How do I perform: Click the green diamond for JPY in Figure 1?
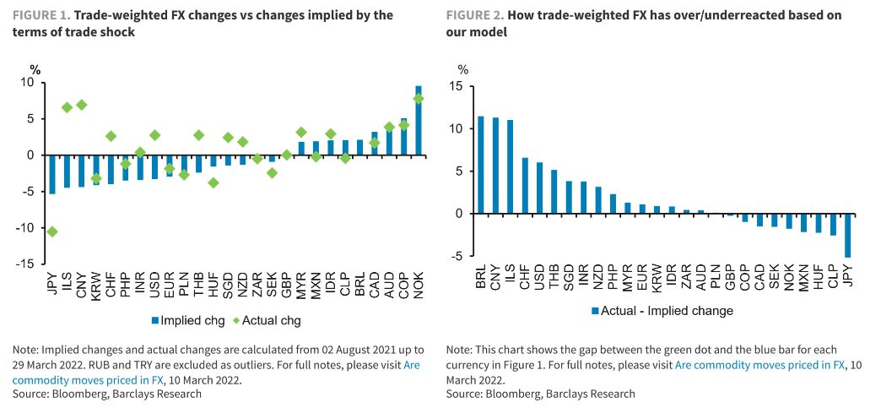coord(52,231)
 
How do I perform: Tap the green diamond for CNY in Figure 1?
coord(82,105)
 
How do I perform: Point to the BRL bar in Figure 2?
coord(481,165)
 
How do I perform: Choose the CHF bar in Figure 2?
coord(524,186)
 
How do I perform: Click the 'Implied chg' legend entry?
coord(188,320)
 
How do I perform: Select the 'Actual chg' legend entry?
coord(268,320)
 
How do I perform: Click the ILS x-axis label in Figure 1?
coord(68,291)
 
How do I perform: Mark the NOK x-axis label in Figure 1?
coord(419,291)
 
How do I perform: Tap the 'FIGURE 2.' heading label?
coord(475,15)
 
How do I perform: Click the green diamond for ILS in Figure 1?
coord(68,107)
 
